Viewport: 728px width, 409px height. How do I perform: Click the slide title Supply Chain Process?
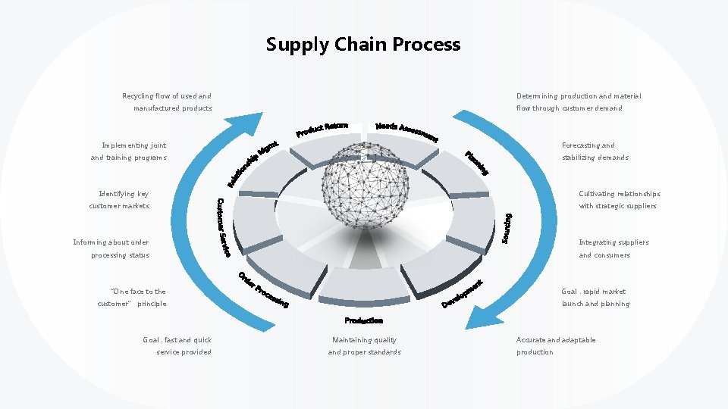363,45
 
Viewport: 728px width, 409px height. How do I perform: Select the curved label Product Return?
322,130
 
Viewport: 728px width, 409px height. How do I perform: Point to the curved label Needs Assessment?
406,131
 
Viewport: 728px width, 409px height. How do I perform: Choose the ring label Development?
463,295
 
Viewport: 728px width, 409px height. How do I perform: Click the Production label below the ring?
364,320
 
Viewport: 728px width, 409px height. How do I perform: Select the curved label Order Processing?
262,290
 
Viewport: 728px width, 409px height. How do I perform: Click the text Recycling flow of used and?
167,96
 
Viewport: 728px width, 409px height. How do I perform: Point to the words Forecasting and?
588,145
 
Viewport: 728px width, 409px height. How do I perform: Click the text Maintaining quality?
364,340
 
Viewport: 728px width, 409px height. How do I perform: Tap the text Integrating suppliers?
613,242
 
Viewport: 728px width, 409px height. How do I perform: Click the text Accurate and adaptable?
556,340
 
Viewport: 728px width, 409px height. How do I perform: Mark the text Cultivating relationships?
619,194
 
